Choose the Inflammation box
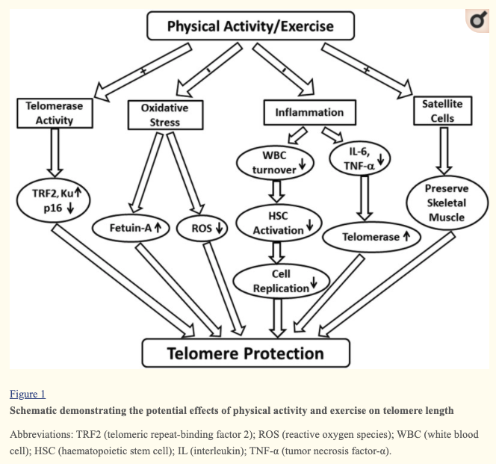309,112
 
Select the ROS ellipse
202,229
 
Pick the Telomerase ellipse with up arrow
371,237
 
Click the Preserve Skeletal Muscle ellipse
445,202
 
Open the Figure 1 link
28,394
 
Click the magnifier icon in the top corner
476,22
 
